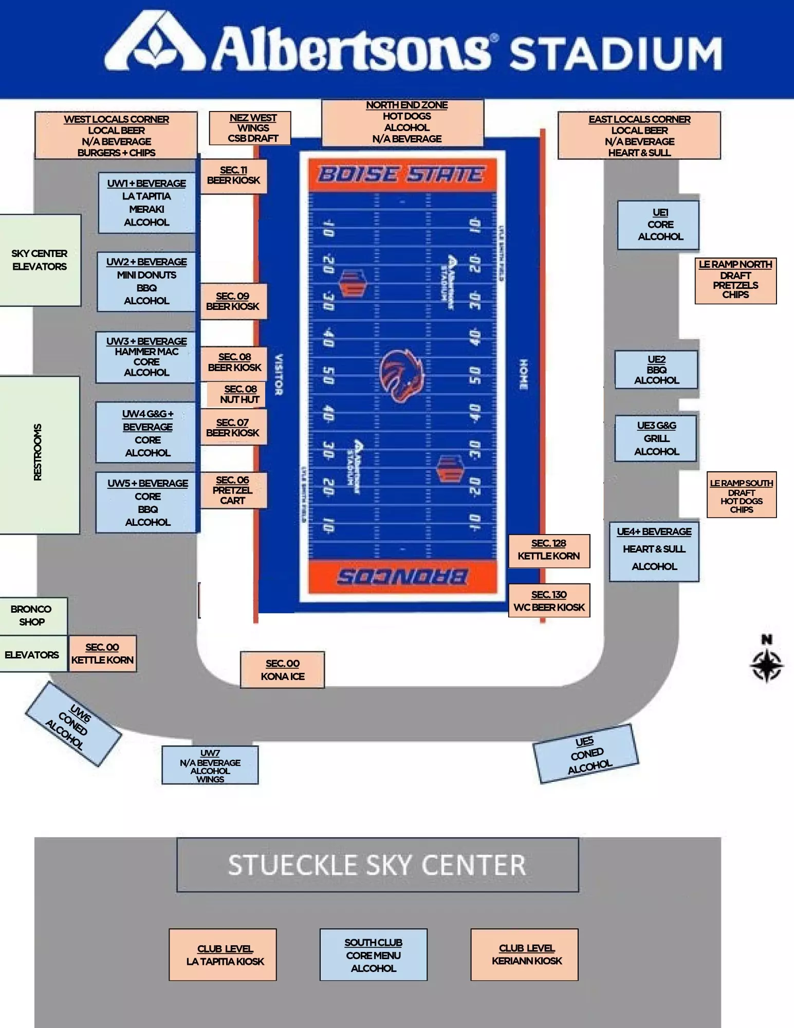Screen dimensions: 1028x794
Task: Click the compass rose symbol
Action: [766, 665]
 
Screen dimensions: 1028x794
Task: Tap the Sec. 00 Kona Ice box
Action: [282, 670]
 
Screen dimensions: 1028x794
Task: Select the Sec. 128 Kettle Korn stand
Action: [549, 550]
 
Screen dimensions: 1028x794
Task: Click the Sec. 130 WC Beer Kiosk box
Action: [549, 600]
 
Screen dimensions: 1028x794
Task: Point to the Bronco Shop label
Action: [32, 615]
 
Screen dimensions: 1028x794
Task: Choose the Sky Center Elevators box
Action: [40, 260]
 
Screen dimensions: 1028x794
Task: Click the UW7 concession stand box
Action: [210, 765]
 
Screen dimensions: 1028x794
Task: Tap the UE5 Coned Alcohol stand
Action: [586, 754]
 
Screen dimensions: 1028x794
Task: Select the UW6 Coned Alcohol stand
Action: [73, 724]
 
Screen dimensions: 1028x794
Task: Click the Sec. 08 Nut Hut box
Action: [239, 394]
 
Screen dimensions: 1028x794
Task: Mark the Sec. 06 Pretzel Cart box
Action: [233, 490]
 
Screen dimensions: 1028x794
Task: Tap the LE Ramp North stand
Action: [735, 281]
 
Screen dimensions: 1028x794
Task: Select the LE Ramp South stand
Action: [741, 495]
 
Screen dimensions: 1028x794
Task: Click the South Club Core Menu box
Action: [373, 954]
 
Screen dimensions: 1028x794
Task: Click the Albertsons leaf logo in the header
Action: [156, 42]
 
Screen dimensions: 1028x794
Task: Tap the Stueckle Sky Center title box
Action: [377, 865]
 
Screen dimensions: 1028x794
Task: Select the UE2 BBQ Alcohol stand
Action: [656, 370]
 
